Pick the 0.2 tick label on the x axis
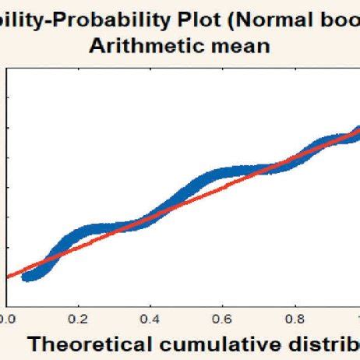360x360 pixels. tap(78, 318)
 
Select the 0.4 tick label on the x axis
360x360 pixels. tap(150, 318)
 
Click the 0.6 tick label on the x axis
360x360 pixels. tap(223, 318)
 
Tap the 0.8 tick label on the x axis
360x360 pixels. tap(295, 318)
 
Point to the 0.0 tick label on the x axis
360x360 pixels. tap(7, 318)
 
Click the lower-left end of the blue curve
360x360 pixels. tap(26, 277)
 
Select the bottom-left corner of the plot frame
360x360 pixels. tap(7, 305)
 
